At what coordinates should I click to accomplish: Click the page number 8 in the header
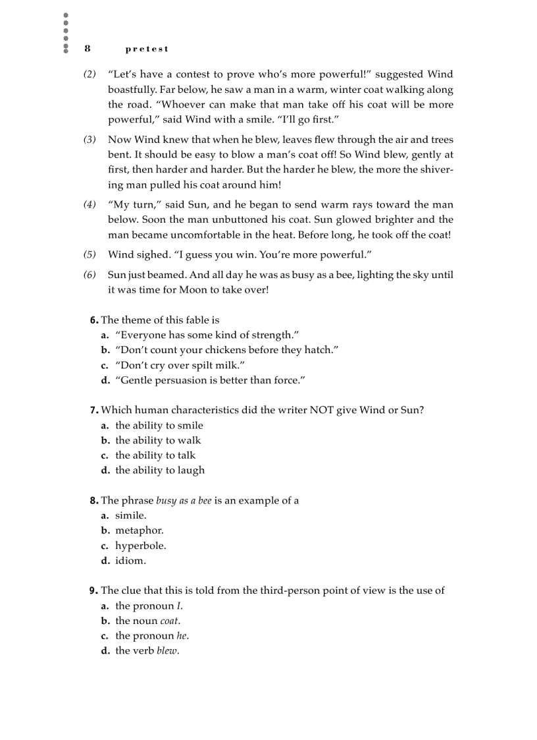click(87, 49)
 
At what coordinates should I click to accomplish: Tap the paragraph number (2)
click(89, 74)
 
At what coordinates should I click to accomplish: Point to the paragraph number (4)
click(89, 205)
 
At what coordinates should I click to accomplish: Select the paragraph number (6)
click(89, 275)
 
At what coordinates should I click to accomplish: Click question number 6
click(94, 320)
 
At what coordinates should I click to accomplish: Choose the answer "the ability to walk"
click(158, 440)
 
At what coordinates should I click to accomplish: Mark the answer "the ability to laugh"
click(160, 470)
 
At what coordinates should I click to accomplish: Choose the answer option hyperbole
click(140, 546)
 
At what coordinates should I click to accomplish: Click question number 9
click(93, 590)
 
